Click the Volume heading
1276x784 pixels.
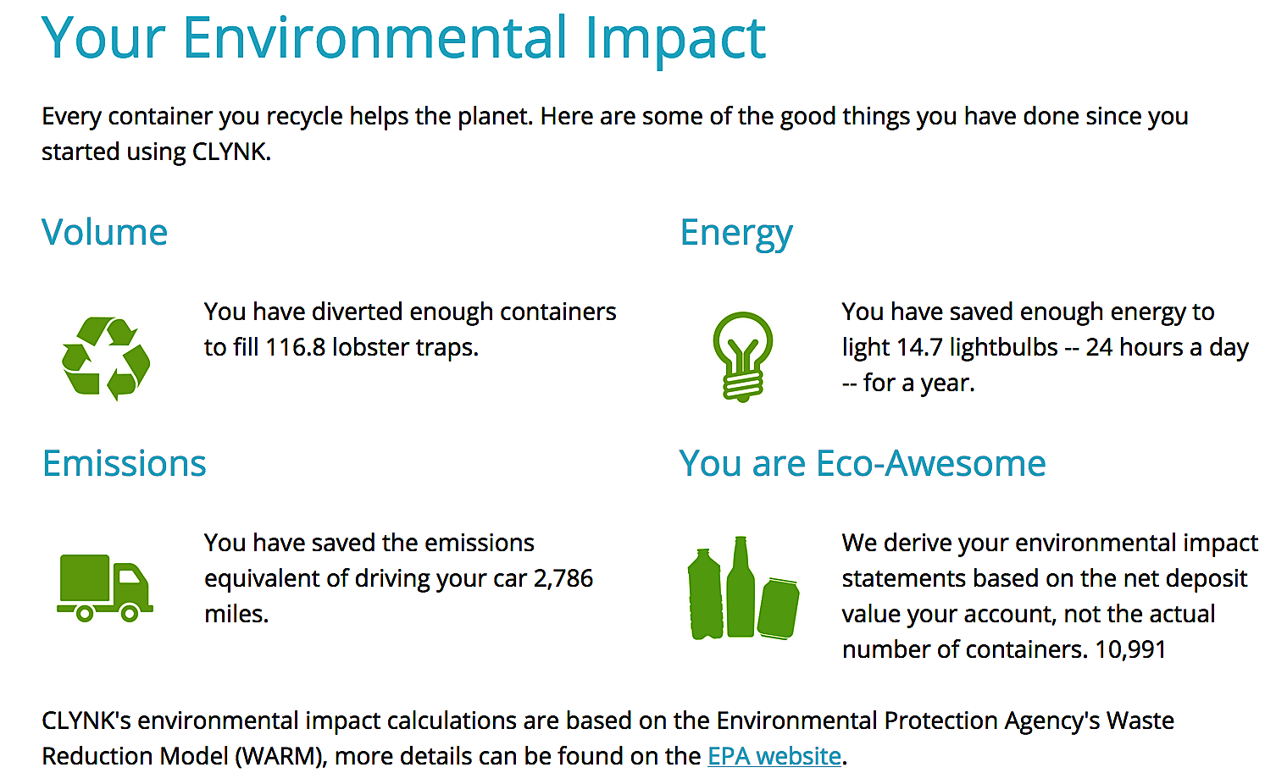(x=104, y=232)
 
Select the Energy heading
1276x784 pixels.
(x=736, y=234)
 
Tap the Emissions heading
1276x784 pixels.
(x=125, y=463)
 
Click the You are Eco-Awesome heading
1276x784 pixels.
(x=862, y=463)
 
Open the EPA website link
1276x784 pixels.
(x=774, y=756)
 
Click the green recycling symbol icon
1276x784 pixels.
(x=106, y=358)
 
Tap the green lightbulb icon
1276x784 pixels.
(x=743, y=356)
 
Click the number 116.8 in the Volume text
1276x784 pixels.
(x=295, y=347)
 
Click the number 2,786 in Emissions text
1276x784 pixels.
(x=563, y=578)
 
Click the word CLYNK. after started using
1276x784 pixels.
(x=231, y=152)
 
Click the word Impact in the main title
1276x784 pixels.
(x=675, y=39)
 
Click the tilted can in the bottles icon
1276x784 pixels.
(x=778, y=608)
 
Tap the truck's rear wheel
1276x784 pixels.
(x=85, y=614)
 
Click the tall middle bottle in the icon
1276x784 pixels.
(x=740, y=587)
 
